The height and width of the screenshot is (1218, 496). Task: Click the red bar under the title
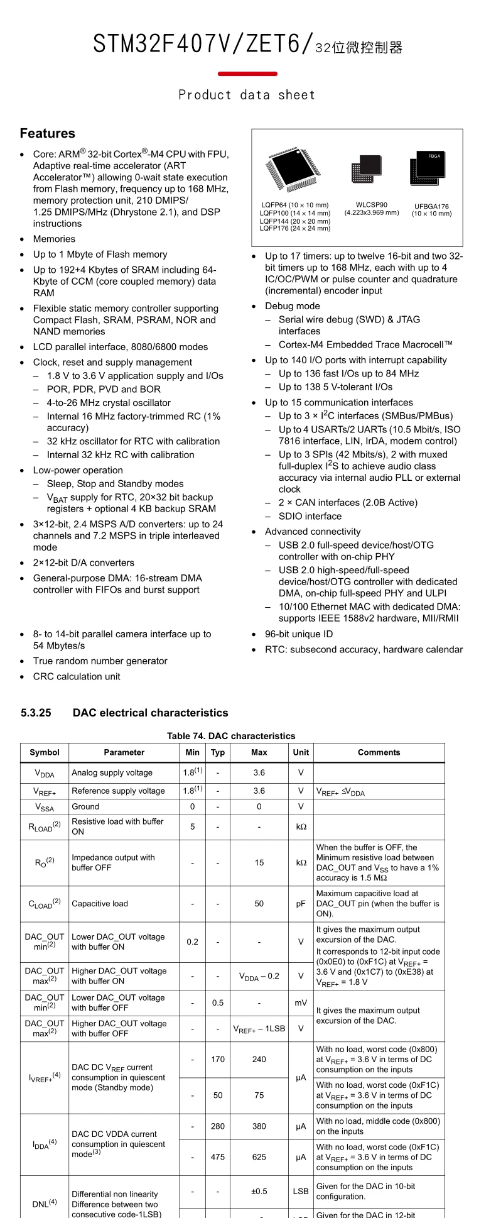point(247,74)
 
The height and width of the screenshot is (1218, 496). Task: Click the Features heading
point(47,133)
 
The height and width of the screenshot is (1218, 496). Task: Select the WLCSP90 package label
point(371,205)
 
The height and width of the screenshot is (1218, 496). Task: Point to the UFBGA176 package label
point(431,206)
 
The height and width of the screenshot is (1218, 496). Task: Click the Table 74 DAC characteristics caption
point(231,736)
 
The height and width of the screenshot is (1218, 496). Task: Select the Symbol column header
point(45,752)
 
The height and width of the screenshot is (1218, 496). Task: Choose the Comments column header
point(379,752)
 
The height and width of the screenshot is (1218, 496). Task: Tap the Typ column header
point(218,752)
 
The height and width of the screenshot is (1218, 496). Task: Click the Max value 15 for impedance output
point(259,863)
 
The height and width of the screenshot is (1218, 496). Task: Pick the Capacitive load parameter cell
point(100,904)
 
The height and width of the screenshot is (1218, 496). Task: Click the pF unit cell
point(301,904)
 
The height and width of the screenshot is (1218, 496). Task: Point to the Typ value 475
point(218,1157)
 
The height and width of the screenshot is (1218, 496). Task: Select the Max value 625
point(259,1157)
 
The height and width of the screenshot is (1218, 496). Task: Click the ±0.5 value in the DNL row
point(259,1191)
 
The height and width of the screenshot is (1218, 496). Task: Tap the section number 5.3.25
point(36,713)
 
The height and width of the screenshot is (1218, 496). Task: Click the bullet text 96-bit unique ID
point(299,634)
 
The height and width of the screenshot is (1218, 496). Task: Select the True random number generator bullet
point(100,661)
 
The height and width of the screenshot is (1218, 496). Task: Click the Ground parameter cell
point(85,806)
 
